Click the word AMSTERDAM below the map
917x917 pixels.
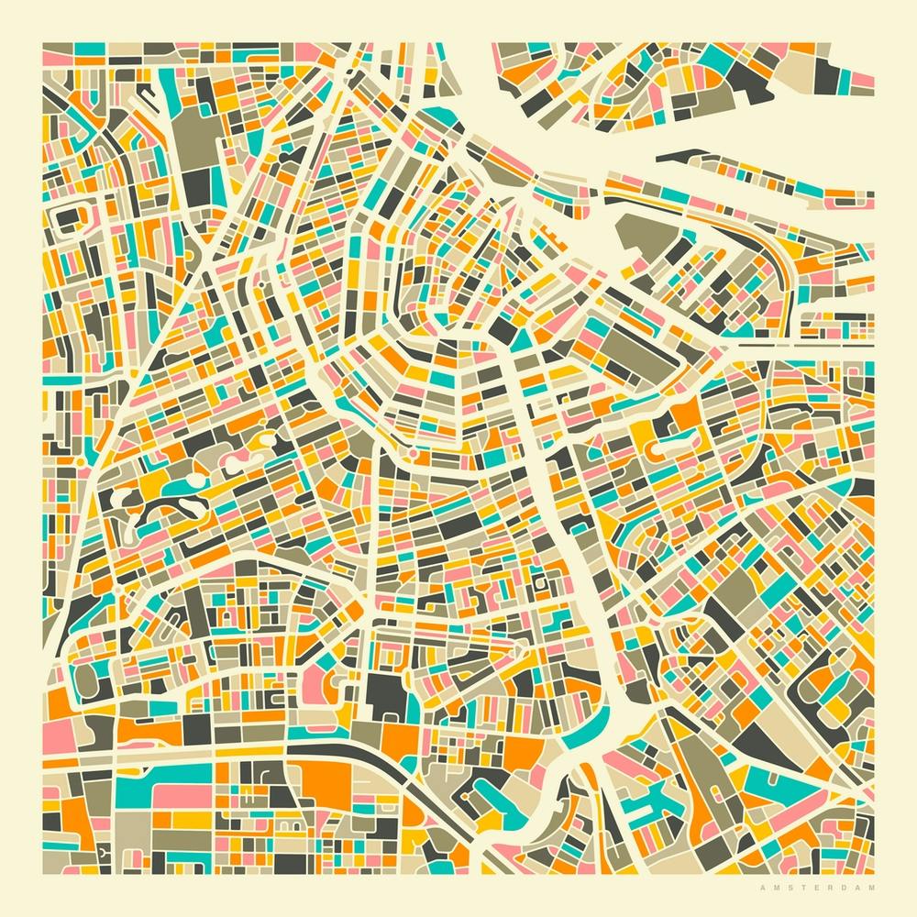(x=817, y=887)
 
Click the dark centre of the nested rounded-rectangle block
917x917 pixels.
(x=67, y=217)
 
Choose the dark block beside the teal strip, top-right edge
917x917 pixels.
(x=840, y=72)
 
